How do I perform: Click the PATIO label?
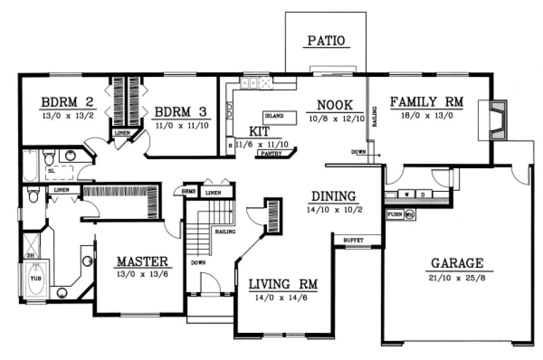(x=327, y=41)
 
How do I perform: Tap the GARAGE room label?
(x=457, y=263)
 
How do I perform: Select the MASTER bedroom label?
(x=142, y=261)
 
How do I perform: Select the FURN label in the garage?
(x=394, y=215)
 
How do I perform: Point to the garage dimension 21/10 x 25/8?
(x=457, y=278)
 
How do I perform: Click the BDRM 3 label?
(x=181, y=112)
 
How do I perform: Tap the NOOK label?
(x=335, y=105)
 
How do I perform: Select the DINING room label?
(x=334, y=196)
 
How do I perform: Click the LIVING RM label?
(x=283, y=284)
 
